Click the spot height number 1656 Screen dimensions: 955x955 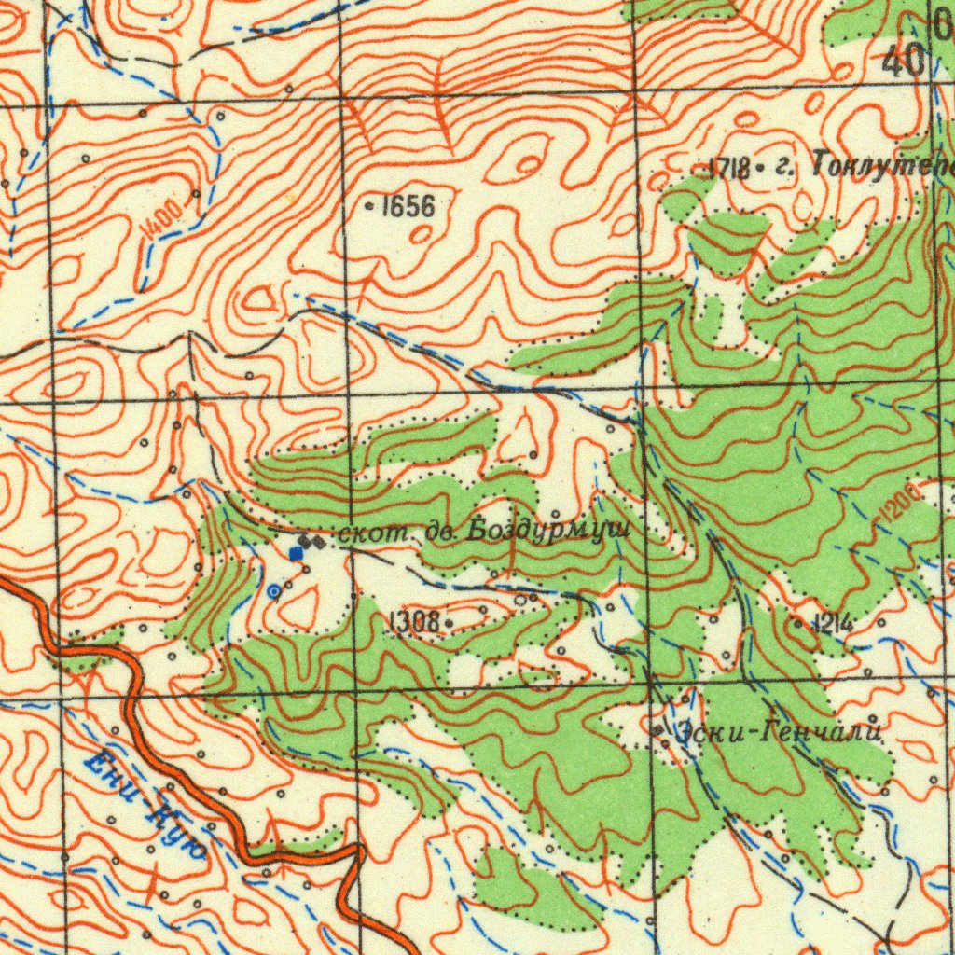tap(408, 206)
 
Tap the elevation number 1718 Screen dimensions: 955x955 tap(729, 169)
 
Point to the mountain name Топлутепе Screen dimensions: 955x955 tap(882, 166)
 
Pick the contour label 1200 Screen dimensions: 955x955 tap(897, 506)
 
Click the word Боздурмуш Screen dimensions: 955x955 tap(549, 531)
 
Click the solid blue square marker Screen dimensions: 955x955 tap(296, 554)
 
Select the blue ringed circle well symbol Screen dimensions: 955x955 tap(273, 591)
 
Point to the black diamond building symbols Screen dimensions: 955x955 tap(310, 540)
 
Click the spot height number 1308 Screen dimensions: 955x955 tap(414, 619)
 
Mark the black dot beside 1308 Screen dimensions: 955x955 tap(450, 620)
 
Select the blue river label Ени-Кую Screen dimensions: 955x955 tap(145, 808)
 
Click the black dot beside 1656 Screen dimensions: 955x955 tap(372, 206)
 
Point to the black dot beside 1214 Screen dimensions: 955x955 tap(799, 621)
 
